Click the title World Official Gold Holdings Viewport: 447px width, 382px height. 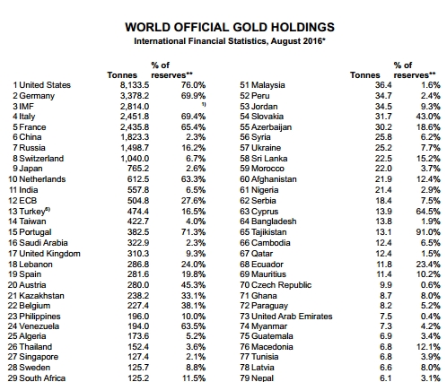pyautogui.click(x=230, y=27)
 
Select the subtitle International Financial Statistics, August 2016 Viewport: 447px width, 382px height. pyautogui.click(x=229, y=41)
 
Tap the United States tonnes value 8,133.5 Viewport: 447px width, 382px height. pyautogui.click(x=135, y=85)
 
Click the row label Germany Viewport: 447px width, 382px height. pyautogui.click(x=37, y=96)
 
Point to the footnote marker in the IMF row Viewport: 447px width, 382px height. pyautogui.click(x=204, y=104)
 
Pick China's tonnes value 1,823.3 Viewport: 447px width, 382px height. pyautogui.click(x=135, y=137)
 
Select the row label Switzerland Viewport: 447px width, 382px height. pyautogui.click(x=41, y=159)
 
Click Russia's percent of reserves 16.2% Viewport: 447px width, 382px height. pyautogui.click(x=193, y=148)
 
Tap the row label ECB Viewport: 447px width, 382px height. pyautogui.click(x=28, y=201)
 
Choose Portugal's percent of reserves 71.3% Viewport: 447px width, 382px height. pyautogui.click(x=193, y=232)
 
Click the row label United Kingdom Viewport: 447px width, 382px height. pyautogui.click(x=49, y=254)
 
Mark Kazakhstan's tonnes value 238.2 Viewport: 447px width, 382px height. pyautogui.click(x=138, y=296)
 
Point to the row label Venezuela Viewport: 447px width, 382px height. pyautogui.click(x=39, y=326)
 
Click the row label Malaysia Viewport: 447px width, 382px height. pyautogui.click(x=268, y=85)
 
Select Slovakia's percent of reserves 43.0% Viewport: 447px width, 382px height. pyautogui.click(x=428, y=117)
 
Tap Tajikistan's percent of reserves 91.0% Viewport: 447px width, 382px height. pyautogui.click(x=428, y=232)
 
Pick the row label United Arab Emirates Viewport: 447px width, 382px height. pyautogui.click(x=292, y=317)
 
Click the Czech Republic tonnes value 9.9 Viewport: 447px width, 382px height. pyautogui.click(x=386, y=285)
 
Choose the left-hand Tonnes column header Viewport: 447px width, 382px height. pyautogui.click(x=122, y=75)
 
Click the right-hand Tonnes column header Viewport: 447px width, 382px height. pyautogui.click(x=365, y=75)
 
